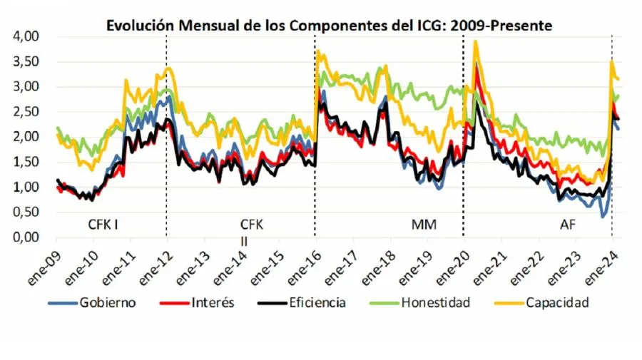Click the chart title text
coord(329,25)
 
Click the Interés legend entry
coord(213,303)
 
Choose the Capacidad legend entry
coord(556,303)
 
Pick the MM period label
coord(424,225)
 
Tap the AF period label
coord(569,225)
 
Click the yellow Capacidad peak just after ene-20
coord(475,42)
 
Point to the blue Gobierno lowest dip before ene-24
coord(603,216)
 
